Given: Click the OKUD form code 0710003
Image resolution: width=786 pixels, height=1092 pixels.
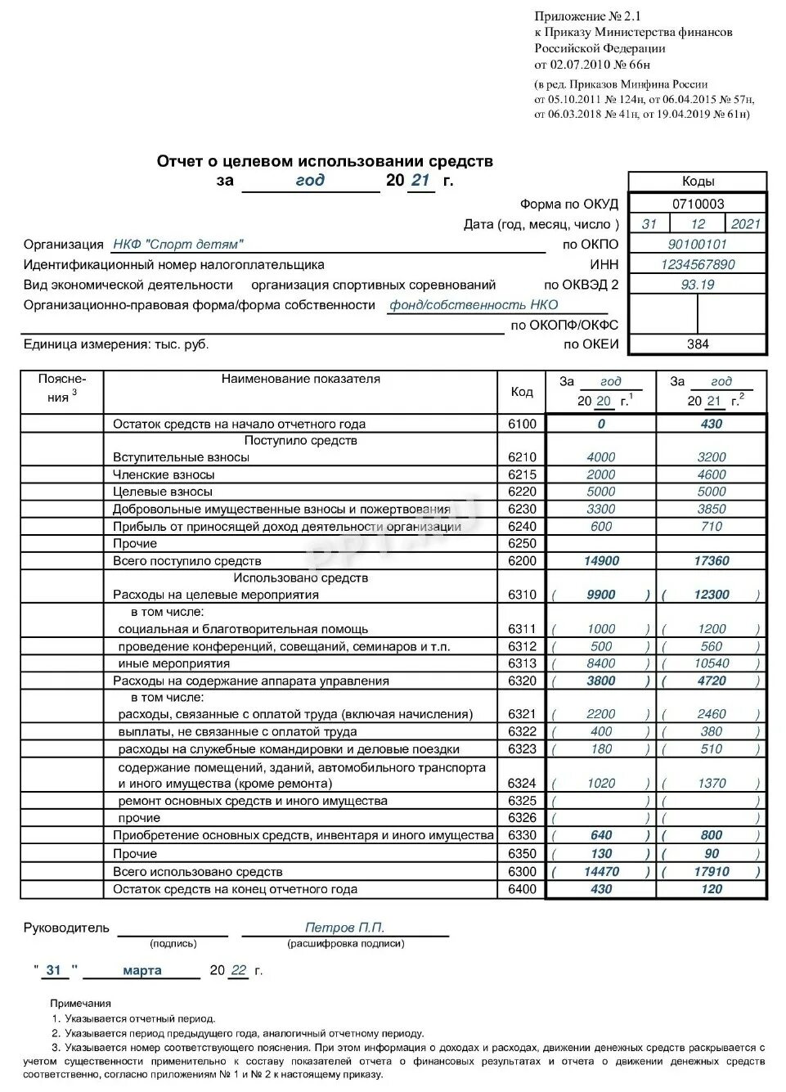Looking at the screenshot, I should (698, 204).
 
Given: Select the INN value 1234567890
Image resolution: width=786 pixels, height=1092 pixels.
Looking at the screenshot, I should (698, 264).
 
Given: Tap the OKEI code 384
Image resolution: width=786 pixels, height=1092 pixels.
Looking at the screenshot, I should (698, 344).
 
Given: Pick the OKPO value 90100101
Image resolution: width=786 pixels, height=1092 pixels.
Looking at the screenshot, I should (698, 244).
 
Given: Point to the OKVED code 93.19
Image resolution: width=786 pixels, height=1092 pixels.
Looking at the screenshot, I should (698, 285).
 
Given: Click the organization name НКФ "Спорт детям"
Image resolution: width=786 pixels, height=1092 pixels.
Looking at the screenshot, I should (178, 244).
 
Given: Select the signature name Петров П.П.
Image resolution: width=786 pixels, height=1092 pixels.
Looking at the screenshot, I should (344, 928).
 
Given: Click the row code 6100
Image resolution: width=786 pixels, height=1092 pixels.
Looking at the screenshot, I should (522, 424).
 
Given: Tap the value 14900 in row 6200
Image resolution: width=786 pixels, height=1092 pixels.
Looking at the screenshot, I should (601, 561).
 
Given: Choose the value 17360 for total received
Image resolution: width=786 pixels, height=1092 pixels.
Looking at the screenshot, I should (712, 561).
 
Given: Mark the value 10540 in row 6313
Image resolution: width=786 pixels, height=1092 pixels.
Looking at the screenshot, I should (712, 663).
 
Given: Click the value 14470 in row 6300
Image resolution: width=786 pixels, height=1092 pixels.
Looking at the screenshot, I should (601, 872).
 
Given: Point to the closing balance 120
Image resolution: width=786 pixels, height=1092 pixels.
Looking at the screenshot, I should (712, 889).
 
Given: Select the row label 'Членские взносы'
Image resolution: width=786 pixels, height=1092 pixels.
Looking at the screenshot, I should (164, 474).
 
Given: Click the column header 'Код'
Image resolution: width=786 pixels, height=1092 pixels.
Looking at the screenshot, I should (522, 392).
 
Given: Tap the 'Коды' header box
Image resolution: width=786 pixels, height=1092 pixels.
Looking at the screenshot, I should (698, 182).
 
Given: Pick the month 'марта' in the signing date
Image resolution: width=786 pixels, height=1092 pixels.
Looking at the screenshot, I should (142, 970).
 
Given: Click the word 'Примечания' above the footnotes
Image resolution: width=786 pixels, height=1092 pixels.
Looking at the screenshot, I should (80, 1003).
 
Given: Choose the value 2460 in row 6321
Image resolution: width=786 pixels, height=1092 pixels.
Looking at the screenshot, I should (712, 714).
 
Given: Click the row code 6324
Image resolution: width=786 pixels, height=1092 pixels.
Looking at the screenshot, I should (522, 783).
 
